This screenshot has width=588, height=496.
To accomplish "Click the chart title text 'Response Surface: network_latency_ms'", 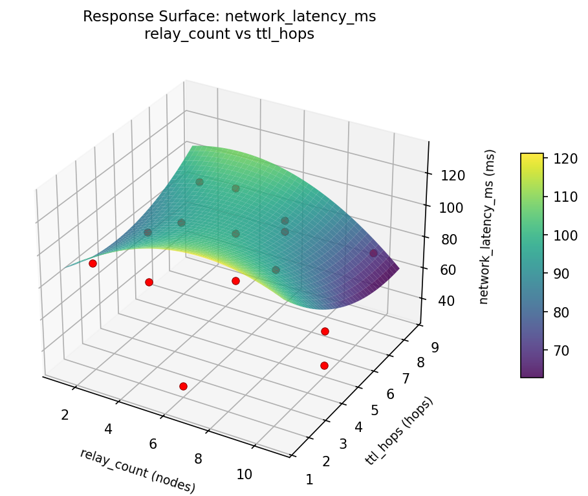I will coord(229,17).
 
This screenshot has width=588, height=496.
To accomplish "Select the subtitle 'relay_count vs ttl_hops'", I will coord(229,34).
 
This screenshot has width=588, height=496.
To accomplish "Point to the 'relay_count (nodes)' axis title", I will coord(137,470).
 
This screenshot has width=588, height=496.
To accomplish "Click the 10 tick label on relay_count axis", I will coord(244,474).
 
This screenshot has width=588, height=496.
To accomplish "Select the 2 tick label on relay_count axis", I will coord(65,415).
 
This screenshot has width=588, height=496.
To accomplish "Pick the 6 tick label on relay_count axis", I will coord(153,444).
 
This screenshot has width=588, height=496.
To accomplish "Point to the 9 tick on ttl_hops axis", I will coord(435,347).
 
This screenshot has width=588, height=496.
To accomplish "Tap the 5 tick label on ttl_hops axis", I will coord(375,410).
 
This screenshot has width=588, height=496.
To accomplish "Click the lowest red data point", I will coord(183,386).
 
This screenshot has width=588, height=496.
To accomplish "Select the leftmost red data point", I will coord(93,263).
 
